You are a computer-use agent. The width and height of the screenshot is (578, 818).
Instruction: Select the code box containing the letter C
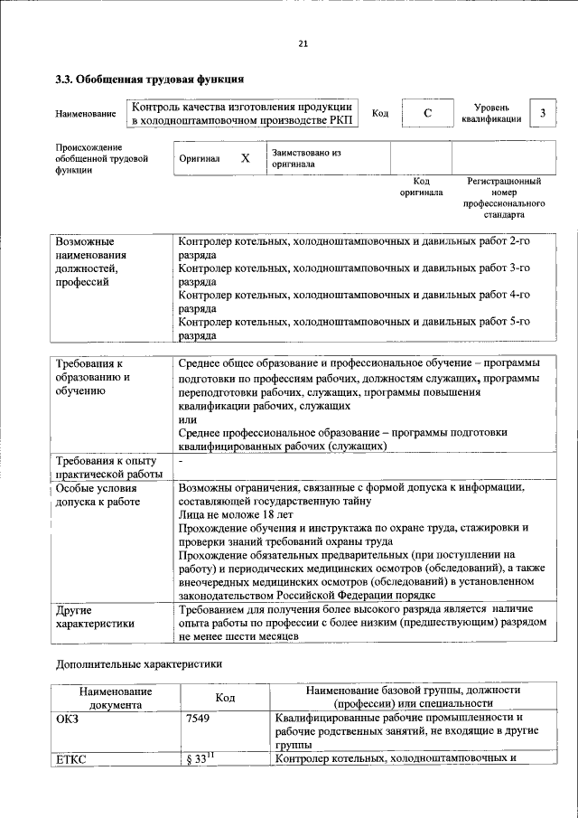[x=426, y=113]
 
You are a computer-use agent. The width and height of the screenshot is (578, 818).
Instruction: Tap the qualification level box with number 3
[x=542, y=113]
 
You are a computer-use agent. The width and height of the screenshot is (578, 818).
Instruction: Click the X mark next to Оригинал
[x=245, y=157]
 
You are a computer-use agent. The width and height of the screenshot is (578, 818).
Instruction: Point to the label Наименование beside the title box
[x=86, y=114]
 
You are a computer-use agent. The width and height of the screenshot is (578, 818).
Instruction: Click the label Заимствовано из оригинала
[x=306, y=158]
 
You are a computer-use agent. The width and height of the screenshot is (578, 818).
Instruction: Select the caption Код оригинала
[x=422, y=186]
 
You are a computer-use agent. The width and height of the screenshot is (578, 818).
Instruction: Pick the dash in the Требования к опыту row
[x=182, y=461]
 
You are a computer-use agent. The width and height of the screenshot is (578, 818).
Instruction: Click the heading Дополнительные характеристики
[x=138, y=663]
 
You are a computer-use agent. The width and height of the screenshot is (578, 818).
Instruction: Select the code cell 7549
[x=199, y=718]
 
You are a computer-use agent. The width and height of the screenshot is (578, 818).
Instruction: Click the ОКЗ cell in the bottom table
[x=70, y=718]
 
